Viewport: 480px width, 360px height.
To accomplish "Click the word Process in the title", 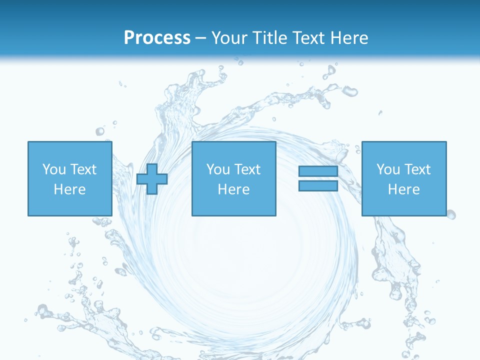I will pyautogui.click(x=157, y=37).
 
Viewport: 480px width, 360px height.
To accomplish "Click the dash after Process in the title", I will pyautogui.click(x=201, y=38).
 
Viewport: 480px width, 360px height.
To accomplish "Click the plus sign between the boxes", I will pyautogui.click(x=152, y=179).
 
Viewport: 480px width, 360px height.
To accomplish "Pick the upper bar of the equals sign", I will pyautogui.click(x=318, y=171).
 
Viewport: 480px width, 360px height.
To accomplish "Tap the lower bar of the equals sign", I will pyautogui.click(x=318, y=185).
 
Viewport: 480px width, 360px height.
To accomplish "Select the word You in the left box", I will pyautogui.click(x=54, y=169).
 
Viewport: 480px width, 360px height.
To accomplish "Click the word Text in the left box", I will pyautogui.click(x=82, y=169).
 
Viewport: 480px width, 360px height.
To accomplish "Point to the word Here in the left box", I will pyautogui.click(x=69, y=189).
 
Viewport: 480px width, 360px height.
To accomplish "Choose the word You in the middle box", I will pyautogui.click(x=218, y=169).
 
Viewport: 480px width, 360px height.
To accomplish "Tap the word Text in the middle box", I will pyautogui.click(x=246, y=169).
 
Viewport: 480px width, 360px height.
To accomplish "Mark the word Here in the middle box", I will pyautogui.click(x=233, y=189).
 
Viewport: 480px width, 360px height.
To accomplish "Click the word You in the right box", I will pyautogui.click(x=388, y=169).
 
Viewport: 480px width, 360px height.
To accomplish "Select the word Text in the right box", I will pyautogui.click(x=416, y=169).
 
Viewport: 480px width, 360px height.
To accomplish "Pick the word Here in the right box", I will pyautogui.click(x=403, y=189).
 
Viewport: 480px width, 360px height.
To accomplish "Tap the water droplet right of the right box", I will pyautogui.click(x=451, y=214).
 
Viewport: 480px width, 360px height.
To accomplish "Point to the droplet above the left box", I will pyautogui.click(x=100, y=131).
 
